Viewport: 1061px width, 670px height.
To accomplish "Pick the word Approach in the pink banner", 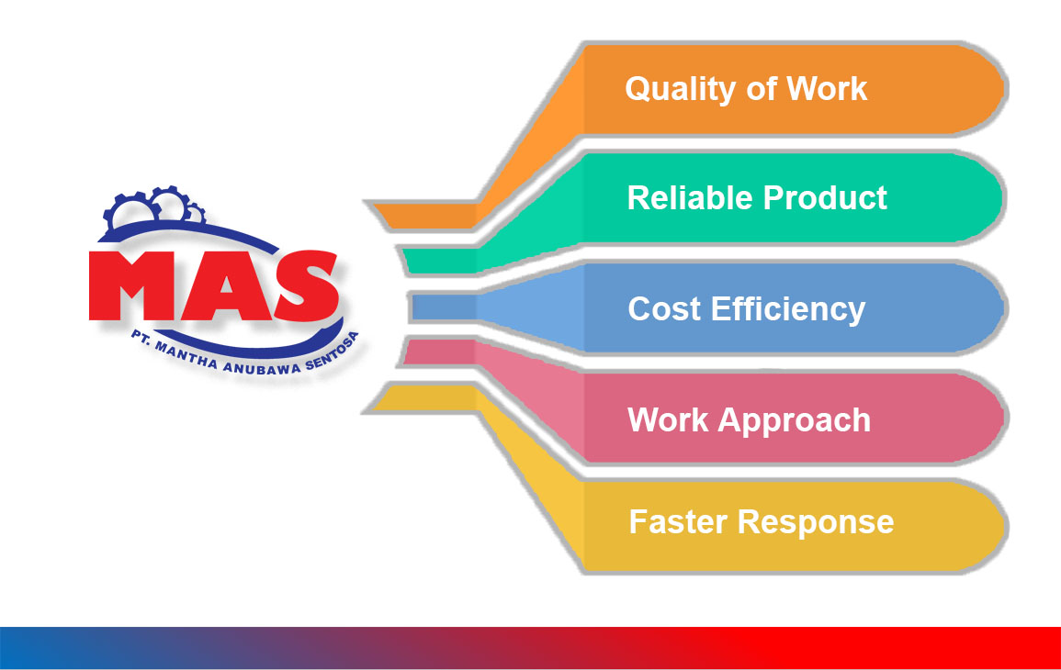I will coord(796,420).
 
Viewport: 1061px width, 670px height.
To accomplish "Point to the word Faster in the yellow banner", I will coord(678,521).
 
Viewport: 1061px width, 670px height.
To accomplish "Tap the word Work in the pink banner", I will coord(668,420).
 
